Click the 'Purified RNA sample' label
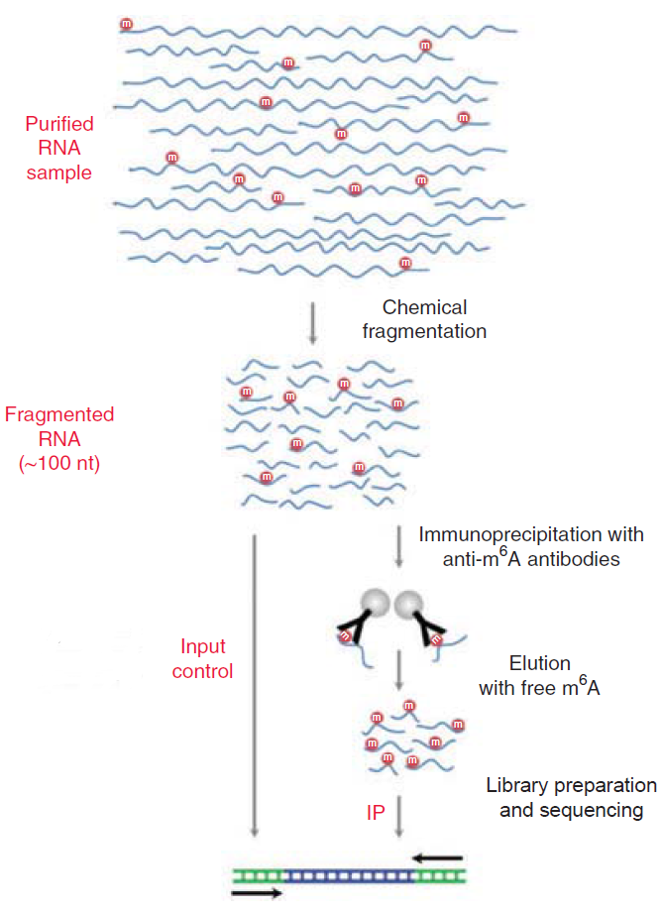tap(59, 149)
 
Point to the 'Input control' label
tap(205, 658)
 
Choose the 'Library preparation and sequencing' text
tap(571, 798)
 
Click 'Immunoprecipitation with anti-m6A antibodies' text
tap(530, 546)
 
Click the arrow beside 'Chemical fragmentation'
tap(312, 322)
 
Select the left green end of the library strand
tap(258, 849)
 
